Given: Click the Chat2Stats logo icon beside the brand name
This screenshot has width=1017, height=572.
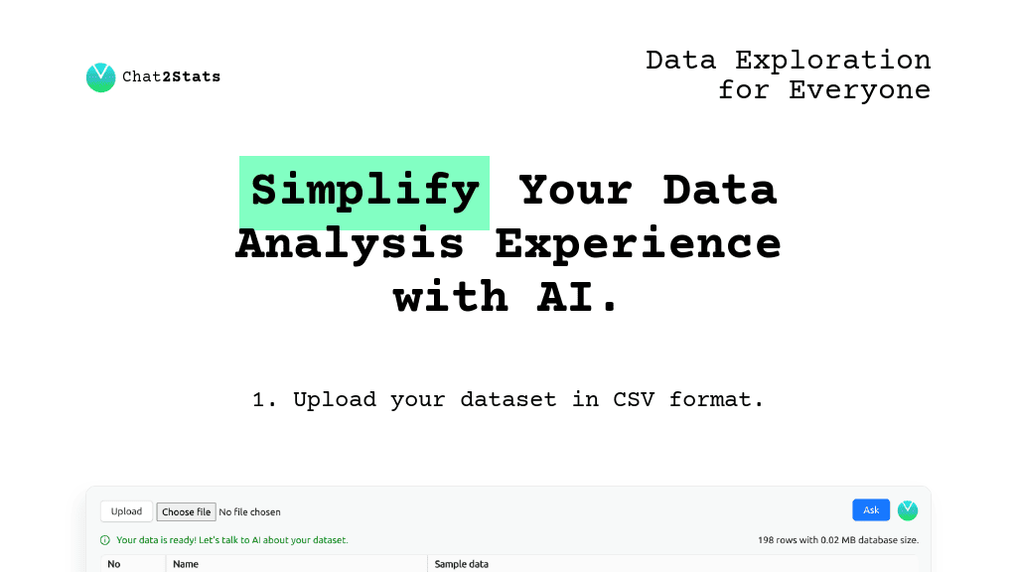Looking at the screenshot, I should tap(100, 77).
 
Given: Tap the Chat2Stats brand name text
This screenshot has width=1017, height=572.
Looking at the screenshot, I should tap(171, 76).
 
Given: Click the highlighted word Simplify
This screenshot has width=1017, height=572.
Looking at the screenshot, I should tap(364, 190).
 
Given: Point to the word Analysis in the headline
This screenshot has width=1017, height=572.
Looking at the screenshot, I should tap(350, 243).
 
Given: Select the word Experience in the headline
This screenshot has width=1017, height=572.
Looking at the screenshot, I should tap(638, 243).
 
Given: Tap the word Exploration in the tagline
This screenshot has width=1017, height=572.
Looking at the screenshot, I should tap(832, 60).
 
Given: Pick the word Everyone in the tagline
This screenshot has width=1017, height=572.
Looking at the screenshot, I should tap(859, 89).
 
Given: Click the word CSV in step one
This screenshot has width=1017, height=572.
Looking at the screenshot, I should tap(634, 399).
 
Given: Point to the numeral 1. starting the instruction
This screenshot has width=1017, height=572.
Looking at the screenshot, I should tap(264, 399).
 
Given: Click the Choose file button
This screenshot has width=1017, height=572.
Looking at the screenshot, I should tap(186, 511).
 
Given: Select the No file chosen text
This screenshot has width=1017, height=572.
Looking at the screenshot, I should tap(249, 512).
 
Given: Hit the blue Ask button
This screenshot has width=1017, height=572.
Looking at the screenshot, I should tap(871, 510).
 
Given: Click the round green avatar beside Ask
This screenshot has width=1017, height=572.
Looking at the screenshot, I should tap(908, 510).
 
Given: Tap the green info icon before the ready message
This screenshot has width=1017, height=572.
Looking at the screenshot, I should tap(105, 540).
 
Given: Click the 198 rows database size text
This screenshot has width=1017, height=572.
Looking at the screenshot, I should tap(837, 540).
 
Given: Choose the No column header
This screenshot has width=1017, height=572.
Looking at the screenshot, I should tap(113, 564).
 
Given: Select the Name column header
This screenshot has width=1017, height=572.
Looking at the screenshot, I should tap(186, 564).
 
